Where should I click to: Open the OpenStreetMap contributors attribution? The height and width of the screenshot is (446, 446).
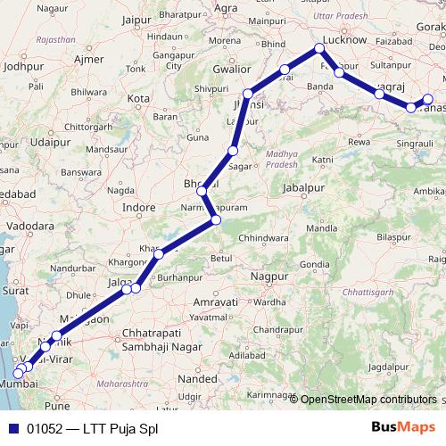(368, 400)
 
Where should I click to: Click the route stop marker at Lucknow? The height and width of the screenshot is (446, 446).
(320, 50)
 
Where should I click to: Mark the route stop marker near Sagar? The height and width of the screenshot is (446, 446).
(233, 151)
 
